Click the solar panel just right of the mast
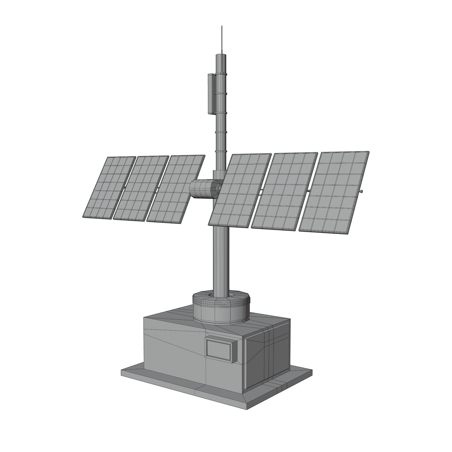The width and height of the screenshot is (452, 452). tap(240, 190)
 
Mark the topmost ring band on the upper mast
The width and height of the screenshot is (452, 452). tap(221, 75)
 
